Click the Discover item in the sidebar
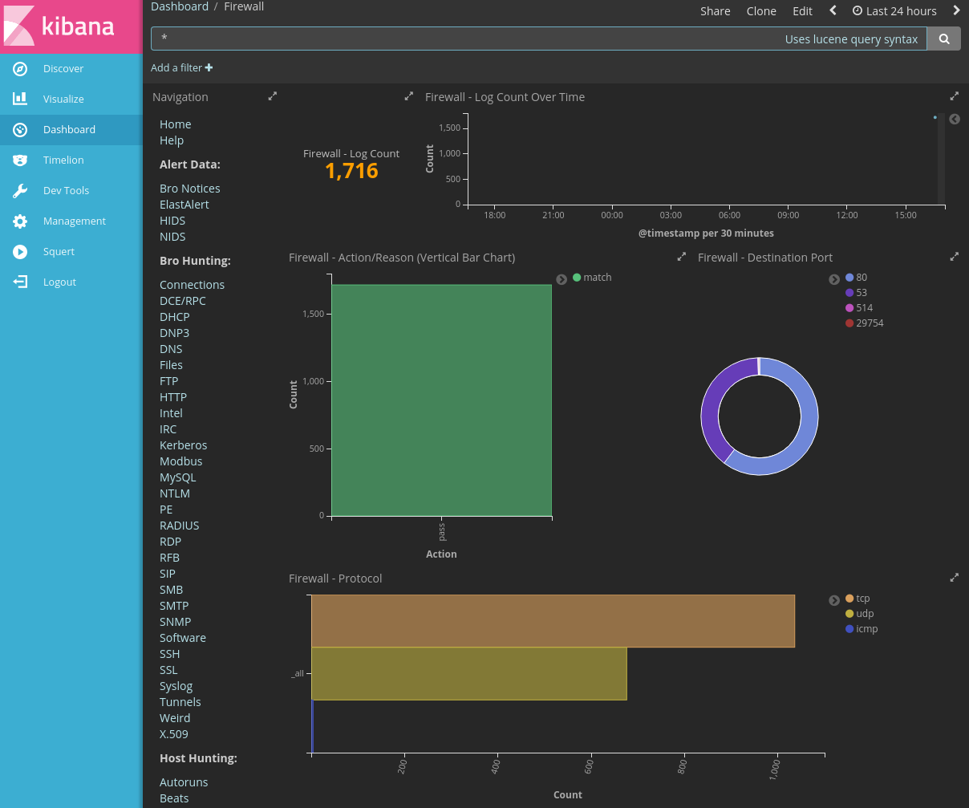pyautogui.click(x=63, y=69)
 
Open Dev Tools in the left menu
pyautogui.click(x=66, y=191)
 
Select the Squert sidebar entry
pyautogui.click(x=59, y=252)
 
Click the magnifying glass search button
pyautogui.click(x=944, y=39)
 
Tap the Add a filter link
pyautogui.click(x=181, y=68)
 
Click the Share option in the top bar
pyautogui.click(x=715, y=11)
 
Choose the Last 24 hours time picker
pyautogui.click(x=894, y=11)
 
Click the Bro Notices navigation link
pyautogui.click(x=189, y=189)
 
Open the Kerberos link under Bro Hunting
pyautogui.click(x=183, y=445)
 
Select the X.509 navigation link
pyautogui.click(x=173, y=734)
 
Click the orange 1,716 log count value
pyautogui.click(x=351, y=171)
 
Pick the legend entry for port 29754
pyautogui.click(x=870, y=323)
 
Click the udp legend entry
pyautogui.click(x=864, y=614)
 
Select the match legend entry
pyautogui.click(x=597, y=278)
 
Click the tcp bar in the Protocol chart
pyautogui.click(x=553, y=620)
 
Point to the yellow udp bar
pyautogui.click(x=468, y=673)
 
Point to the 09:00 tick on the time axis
pyautogui.click(x=788, y=215)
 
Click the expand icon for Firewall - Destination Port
pyautogui.click(x=954, y=257)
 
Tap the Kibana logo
pyautogui.click(x=71, y=26)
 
